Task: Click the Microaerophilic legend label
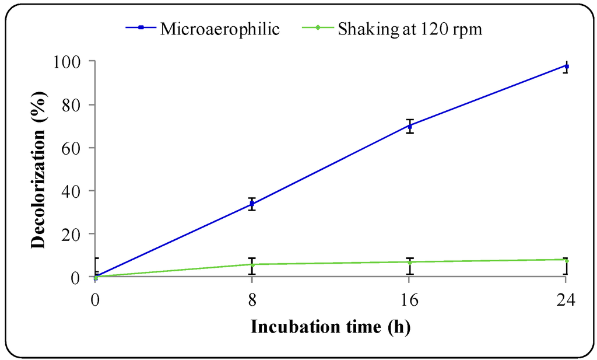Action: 220,29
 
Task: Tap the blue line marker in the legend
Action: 141,29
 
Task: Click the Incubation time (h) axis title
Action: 331,327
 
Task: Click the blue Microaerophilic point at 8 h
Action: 252,204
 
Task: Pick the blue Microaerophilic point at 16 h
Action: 410,125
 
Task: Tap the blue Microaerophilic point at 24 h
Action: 566,66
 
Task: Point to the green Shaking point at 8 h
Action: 252,264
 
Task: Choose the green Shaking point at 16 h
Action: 410,262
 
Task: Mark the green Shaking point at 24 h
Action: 566,260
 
